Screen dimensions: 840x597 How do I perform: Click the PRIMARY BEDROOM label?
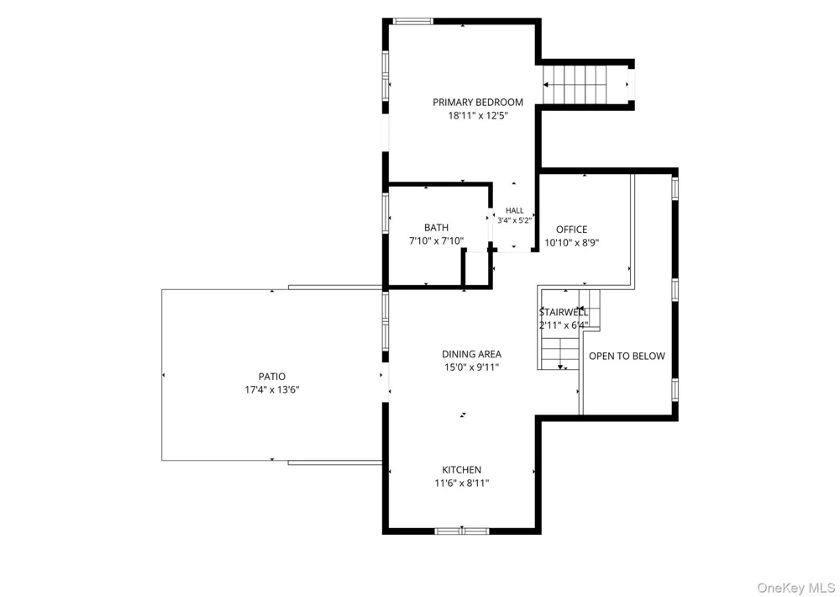pos(478,103)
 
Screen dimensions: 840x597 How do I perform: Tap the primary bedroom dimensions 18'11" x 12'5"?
pos(478,115)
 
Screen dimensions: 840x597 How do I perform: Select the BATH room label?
pos(436,228)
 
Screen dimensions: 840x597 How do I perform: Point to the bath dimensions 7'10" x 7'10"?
pos(436,240)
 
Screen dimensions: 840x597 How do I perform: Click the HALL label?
pos(515,211)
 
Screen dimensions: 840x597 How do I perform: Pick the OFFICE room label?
pos(571,230)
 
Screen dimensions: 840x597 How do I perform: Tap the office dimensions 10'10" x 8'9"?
pos(571,242)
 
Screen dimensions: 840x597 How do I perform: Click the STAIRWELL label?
pos(564,312)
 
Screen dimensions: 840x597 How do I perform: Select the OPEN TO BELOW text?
pos(627,357)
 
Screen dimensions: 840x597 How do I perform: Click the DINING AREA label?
pos(471,354)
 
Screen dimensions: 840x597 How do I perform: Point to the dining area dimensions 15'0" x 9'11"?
pos(471,367)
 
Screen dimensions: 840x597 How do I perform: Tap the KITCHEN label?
pos(461,470)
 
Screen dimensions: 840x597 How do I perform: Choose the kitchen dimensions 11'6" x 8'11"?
pos(461,483)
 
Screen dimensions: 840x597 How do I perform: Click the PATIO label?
pos(272,377)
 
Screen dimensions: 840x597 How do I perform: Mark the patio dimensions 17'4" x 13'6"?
pos(272,390)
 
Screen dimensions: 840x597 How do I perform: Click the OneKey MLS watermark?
pos(795,588)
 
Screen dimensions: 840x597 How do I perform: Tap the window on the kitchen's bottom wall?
pos(462,531)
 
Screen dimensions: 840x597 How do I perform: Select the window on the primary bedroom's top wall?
pos(412,22)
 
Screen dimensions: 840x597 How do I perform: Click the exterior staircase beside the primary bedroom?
pos(586,85)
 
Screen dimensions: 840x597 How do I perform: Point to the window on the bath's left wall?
pos(386,213)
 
